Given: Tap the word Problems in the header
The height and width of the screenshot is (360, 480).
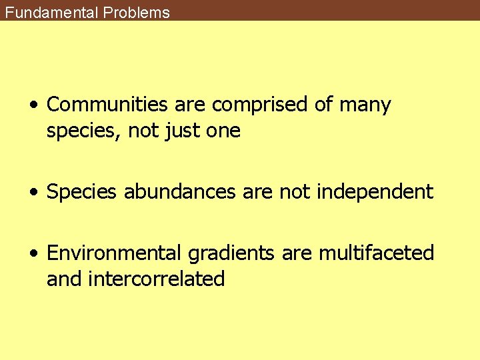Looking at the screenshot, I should [x=137, y=12].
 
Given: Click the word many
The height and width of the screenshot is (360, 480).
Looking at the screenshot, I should [x=365, y=105].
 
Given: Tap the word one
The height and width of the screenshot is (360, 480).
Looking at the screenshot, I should [x=223, y=131].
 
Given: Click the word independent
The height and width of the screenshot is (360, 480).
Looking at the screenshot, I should [x=375, y=192].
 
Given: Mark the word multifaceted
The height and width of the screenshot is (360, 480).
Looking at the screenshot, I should [x=377, y=253].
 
